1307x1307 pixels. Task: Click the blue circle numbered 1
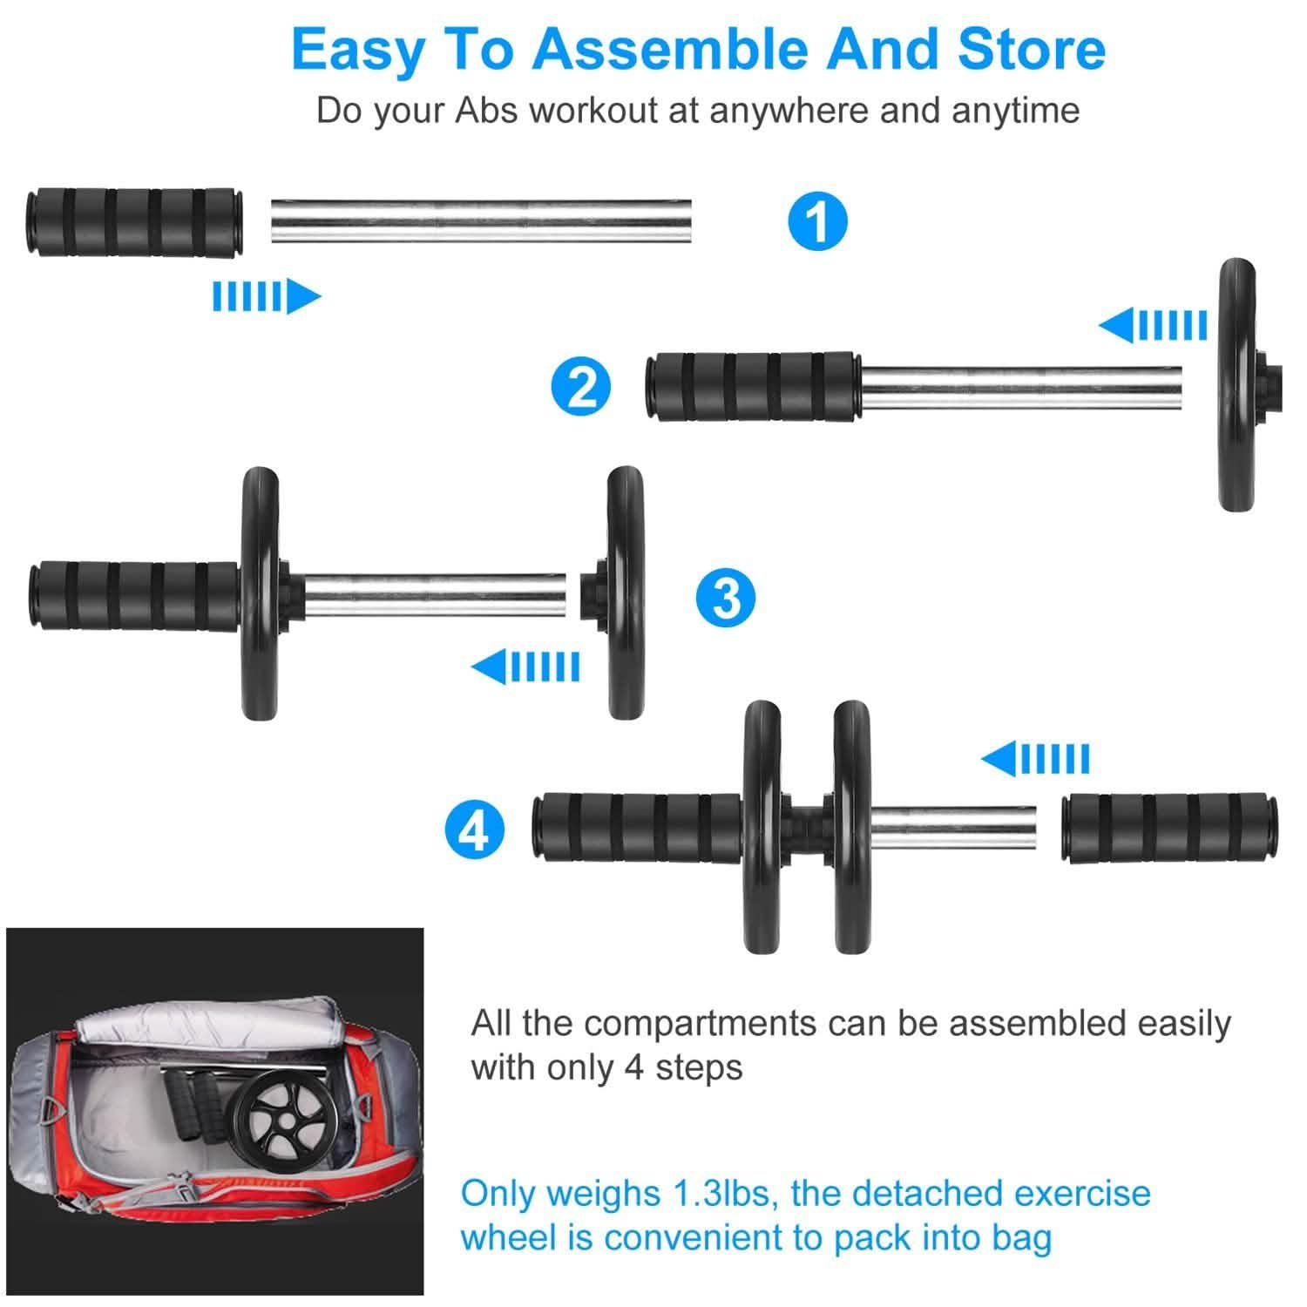(x=817, y=221)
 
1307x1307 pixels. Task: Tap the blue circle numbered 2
(x=582, y=387)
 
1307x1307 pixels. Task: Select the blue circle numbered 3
(x=725, y=599)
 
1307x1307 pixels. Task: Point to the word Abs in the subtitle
(x=489, y=111)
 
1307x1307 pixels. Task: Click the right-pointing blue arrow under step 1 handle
(x=266, y=297)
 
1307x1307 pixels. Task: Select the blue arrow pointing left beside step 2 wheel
(x=1153, y=325)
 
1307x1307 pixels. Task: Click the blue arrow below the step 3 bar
(x=525, y=667)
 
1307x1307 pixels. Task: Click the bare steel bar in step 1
(x=481, y=221)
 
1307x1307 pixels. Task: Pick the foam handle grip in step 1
(x=134, y=221)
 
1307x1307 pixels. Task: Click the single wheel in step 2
(x=1236, y=383)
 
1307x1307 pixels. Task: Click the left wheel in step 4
(x=763, y=826)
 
